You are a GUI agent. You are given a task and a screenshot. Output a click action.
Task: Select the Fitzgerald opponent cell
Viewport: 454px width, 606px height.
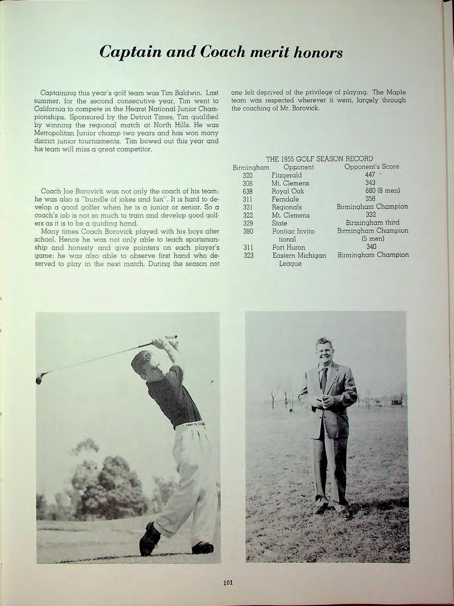click(287, 175)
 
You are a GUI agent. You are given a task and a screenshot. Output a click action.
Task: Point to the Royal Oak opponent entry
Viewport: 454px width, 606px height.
click(288, 191)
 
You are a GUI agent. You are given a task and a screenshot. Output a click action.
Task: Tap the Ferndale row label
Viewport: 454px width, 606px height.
click(285, 199)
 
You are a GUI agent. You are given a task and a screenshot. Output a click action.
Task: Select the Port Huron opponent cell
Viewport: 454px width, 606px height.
click(289, 247)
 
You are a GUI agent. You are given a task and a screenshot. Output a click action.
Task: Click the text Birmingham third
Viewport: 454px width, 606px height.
click(372, 223)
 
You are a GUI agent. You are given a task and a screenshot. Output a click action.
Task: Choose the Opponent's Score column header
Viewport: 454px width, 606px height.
click(372, 167)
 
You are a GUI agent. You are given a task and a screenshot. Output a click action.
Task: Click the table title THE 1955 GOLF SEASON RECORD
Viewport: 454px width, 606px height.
click(319, 158)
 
